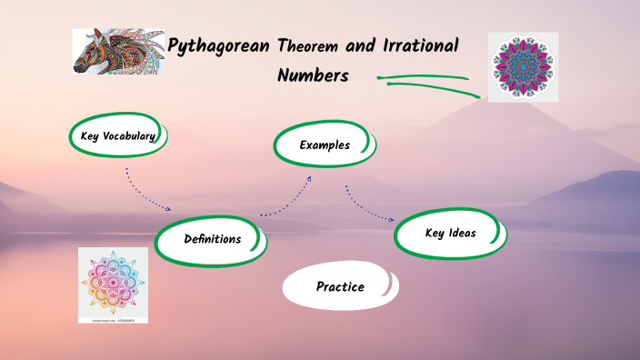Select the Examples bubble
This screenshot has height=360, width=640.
tap(325, 145)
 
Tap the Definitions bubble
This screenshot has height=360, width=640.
tap(212, 239)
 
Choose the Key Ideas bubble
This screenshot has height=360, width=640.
tap(449, 233)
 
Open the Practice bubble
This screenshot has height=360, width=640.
tap(340, 286)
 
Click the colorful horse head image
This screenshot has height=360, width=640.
tap(113, 51)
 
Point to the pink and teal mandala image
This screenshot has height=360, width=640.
tap(523, 66)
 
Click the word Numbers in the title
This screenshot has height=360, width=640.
tap(313, 75)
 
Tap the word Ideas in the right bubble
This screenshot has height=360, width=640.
tap(462, 233)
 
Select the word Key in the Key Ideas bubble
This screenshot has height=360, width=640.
tap(435, 233)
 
